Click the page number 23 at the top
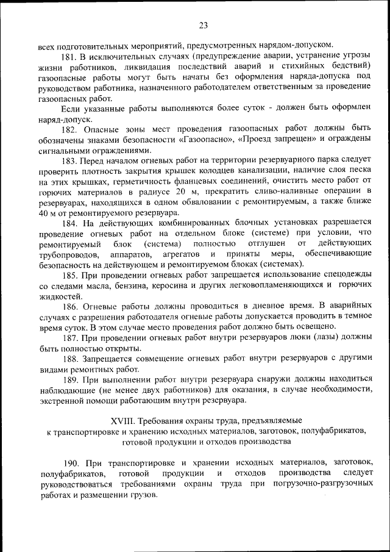[203, 25]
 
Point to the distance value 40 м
[46, 213]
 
